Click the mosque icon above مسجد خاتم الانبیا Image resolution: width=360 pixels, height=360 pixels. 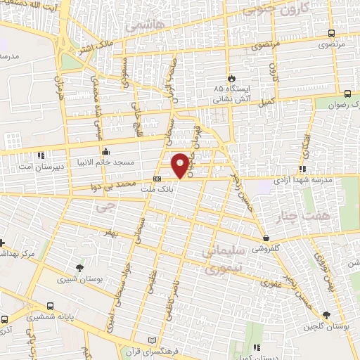[x=105, y=150]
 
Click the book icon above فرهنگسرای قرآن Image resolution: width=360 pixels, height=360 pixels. [x=147, y=340]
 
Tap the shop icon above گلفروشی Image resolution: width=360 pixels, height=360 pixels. [x=265, y=238]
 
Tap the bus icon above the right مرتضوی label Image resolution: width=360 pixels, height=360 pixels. [x=348, y=93]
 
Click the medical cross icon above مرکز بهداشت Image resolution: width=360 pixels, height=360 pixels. [x=2, y=241]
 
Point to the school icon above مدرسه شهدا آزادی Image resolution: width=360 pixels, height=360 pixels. [x=302, y=169]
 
